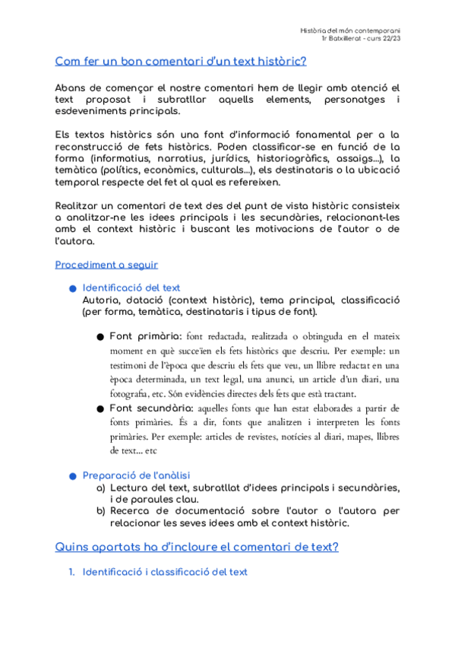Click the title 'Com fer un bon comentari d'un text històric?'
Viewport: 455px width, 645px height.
181,61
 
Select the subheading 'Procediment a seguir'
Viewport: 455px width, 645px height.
106,265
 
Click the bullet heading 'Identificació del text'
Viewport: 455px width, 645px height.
131,288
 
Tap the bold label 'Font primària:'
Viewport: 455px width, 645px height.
145,336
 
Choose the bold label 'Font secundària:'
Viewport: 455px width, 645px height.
151,408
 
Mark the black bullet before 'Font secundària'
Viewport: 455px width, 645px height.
100,409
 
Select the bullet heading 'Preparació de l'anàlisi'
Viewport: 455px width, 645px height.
136,475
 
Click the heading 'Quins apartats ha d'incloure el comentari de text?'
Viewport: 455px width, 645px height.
197,547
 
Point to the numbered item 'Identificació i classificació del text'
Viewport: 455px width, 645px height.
165,571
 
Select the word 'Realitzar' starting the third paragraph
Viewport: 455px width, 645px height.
81,205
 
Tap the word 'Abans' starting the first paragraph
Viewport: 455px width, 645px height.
73,89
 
